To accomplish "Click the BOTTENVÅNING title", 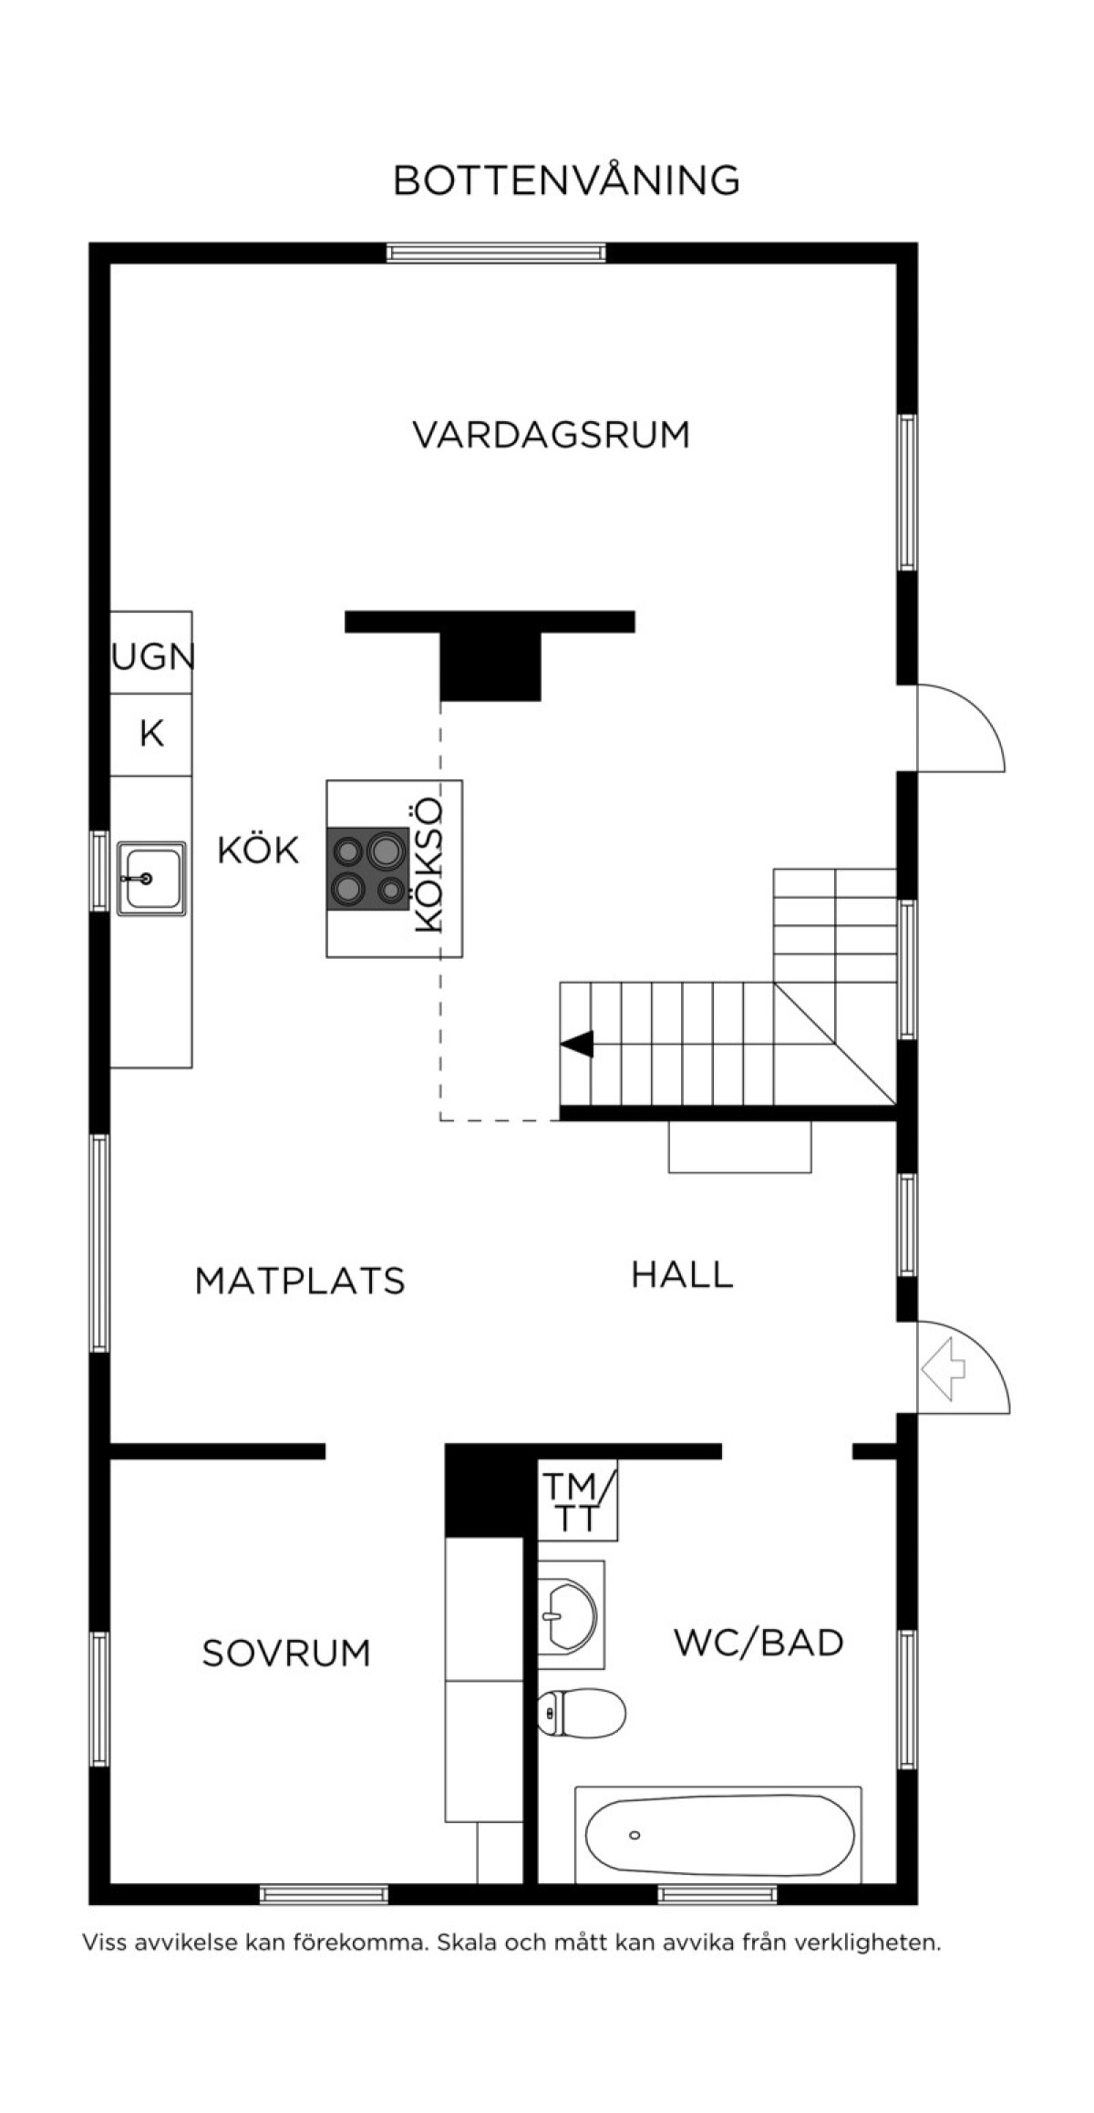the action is (x=565, y=180).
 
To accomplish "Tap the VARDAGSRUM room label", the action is (x=552, y=435).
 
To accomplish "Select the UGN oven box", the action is (x=151, y=653).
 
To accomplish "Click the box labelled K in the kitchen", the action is (x=151, y=735).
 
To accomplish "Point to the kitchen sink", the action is (x=151, y=879).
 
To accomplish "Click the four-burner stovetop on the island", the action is (x=368, y=869).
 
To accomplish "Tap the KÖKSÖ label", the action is (x=428, y=865).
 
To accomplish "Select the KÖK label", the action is (x=258, y=850).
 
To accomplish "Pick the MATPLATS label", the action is (x=300, y=1281).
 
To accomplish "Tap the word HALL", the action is (x=682, y=1274).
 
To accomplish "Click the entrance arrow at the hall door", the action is (x=944, y=1368).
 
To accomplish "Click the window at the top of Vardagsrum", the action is (x=496, y=253).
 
